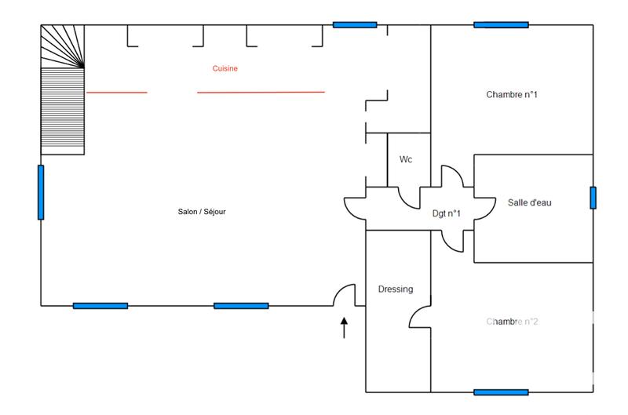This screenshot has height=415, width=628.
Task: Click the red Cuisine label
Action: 225,69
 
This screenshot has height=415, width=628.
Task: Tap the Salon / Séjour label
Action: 203,211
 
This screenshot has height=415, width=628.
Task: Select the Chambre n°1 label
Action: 512,95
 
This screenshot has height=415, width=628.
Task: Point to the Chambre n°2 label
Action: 512,322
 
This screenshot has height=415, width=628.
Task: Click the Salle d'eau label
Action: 531,203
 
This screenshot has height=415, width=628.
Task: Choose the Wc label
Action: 406,159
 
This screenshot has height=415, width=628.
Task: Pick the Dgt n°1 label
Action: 447,213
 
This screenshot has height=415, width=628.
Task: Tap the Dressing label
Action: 395,289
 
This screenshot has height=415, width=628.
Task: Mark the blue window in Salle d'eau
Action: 593,198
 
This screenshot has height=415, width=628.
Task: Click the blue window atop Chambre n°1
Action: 501,24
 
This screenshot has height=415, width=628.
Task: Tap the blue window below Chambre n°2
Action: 501,391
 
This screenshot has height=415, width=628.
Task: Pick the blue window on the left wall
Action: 41,192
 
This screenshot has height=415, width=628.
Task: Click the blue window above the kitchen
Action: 355,24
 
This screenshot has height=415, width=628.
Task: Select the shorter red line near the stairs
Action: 116,93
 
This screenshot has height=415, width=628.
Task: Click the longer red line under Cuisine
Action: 261,93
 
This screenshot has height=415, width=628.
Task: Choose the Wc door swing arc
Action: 409,200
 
